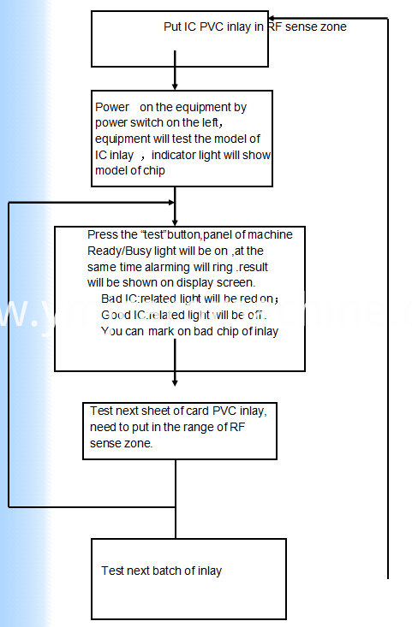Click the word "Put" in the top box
(172, 27)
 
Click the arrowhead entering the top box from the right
(272, 18)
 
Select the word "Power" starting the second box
(112, 107)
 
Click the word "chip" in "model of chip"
(153, 171)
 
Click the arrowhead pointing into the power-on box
(175, 86)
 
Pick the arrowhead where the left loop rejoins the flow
(171, 203)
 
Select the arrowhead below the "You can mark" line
(175, 382)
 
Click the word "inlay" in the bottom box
(209, 571)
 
